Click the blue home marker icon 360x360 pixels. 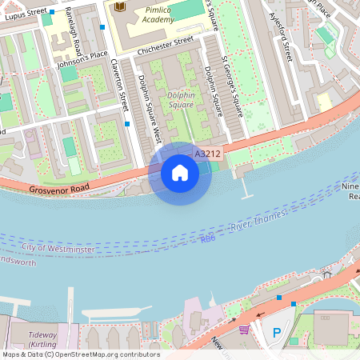pos(180,173)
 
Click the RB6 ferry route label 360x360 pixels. pos(208,238)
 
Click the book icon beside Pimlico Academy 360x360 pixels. pos(120,7)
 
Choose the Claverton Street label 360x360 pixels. pos(120,84)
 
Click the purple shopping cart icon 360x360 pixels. pos(244,329)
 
